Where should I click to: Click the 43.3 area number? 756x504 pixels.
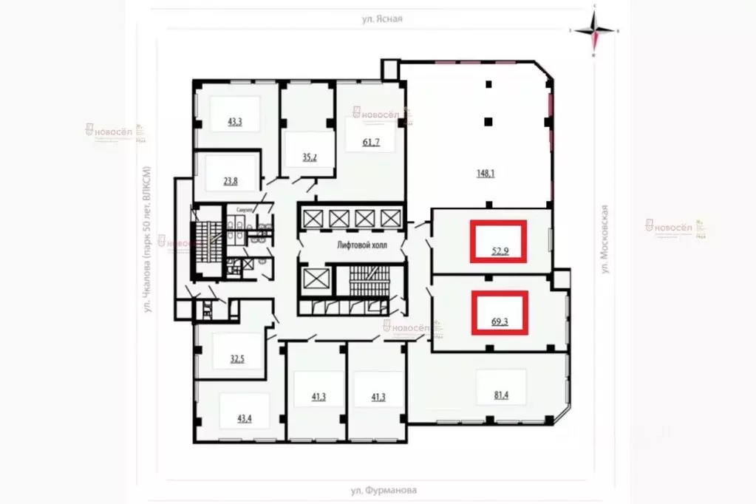pyautogui.click(x=235, y=122)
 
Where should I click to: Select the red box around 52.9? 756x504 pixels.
pyautogui.click(x=499, y=241)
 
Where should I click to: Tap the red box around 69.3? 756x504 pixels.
pyautogui.click(x=500, y=312)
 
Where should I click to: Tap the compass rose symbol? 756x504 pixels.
pyautogui.click(x=595, y=31)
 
